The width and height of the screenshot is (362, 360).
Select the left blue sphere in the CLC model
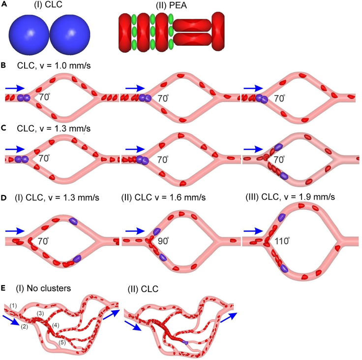[29, 33]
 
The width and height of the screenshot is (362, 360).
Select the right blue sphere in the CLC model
[70, 33]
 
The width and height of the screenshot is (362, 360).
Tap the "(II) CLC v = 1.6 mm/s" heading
[163, 197]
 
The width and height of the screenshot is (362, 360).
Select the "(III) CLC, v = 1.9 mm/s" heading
[290, 197]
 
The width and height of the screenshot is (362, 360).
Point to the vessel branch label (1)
[13, 306]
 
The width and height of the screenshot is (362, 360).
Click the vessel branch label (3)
[40, 314]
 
